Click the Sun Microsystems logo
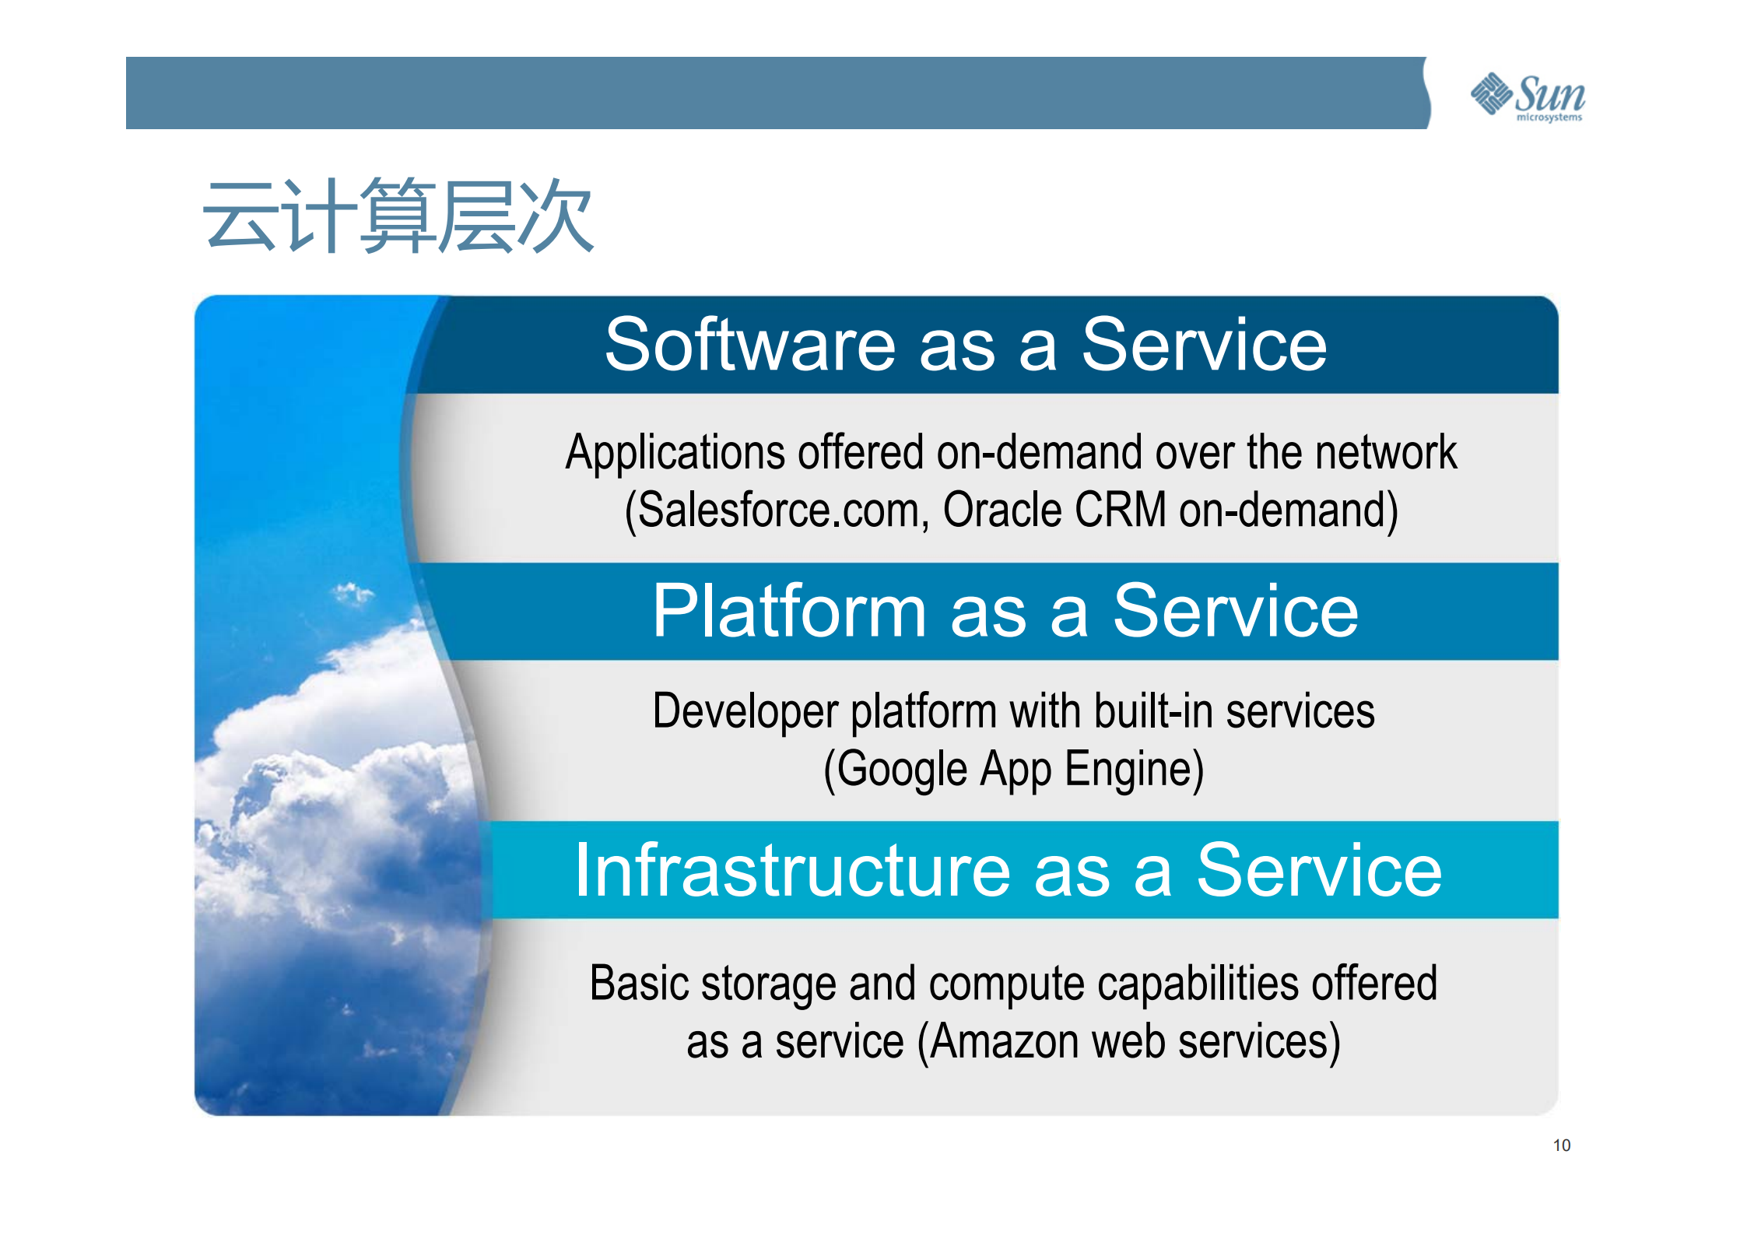(x=1528, y=96)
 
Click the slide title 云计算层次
(x=398, y=216)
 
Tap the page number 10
(x=1561, y=1145)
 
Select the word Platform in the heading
(x=789, y=612)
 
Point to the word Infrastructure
(x=792, y=871)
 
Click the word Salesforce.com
(x=779, y=510)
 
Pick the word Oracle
(x=1002, y=510)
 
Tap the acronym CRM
(x=1120, y=510)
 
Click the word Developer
(x=745, y=712)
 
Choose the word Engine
(x=1135, y=770)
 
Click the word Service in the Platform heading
(x=1235, y=612)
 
